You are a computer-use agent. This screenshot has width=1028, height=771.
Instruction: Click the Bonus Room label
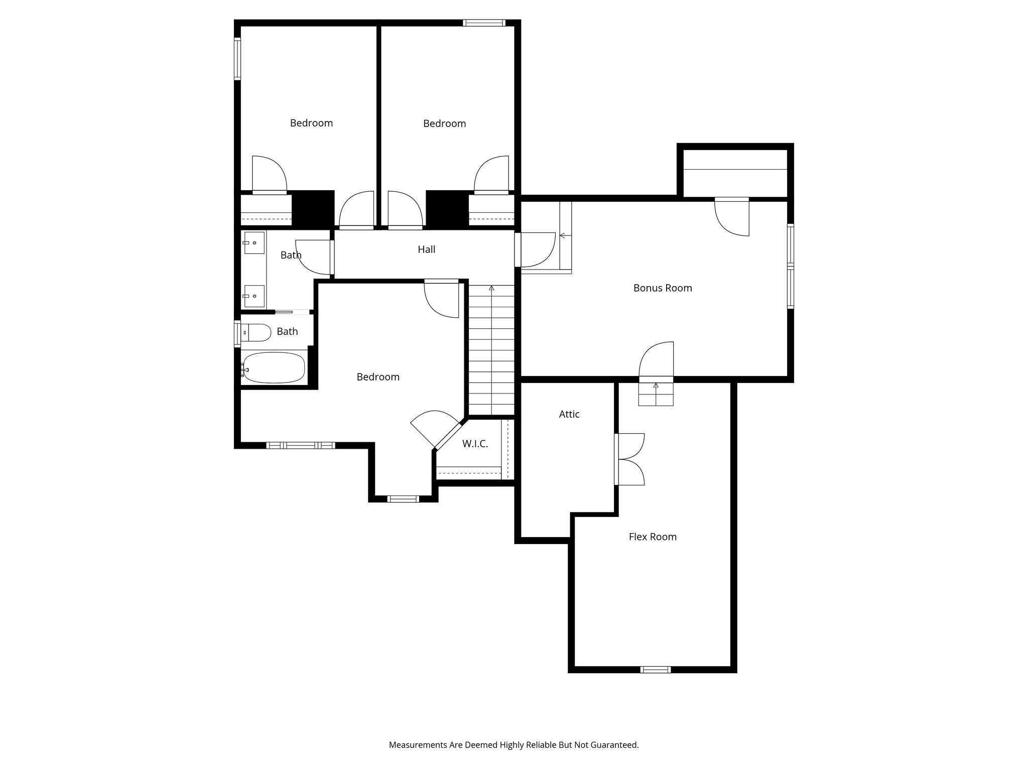(x=662, y=288)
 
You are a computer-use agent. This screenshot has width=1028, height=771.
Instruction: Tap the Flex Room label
(x=653, y=537)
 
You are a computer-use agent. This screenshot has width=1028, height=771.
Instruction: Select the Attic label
(x=569, y=414)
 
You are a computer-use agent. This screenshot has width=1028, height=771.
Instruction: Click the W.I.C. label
(x=474, y=444)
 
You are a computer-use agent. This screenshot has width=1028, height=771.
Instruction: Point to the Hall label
(x=426, y=249)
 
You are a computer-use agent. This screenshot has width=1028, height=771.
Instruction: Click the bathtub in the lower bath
(x=274, y=367)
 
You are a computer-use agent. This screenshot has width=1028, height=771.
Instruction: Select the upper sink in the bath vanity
(x=254, y=243)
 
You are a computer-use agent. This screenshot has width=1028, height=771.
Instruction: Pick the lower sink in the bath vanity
(x=254, y=296)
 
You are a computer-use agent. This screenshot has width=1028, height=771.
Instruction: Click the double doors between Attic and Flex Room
(x=629, y=459)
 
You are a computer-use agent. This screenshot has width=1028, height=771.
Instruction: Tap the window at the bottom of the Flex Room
(x=655, y=669)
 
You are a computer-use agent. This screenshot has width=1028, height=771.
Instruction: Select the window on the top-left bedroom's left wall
(x=237, y=59)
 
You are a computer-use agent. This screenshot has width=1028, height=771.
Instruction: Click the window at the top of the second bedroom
(x=484, y=23)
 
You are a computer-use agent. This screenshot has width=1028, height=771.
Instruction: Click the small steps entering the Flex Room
(x=656, y=394)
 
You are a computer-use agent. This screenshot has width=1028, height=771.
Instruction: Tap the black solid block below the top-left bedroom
(x=313, y=209)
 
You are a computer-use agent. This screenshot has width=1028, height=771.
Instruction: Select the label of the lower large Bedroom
(x=378, y=377)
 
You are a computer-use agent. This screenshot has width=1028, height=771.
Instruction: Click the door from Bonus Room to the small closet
(x=732, y=216)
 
